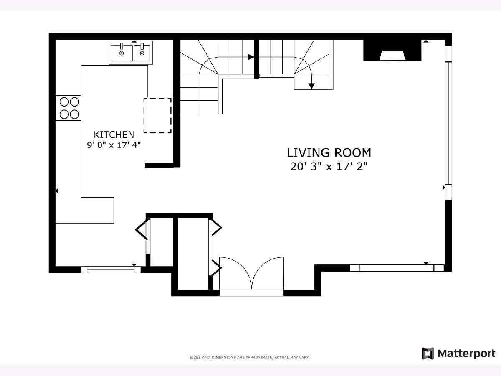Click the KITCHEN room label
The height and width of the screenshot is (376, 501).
pyautogui.click(x=114, y=135)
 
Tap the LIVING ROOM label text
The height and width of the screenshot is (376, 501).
pyautogui.click(x=329, y=153)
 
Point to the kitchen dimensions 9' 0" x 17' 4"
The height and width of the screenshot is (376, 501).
pyautogui.click(x=114, y=145)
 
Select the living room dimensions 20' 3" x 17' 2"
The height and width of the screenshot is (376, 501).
pyautogui.click(x=329, y=167)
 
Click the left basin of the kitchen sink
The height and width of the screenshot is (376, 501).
pyautogui.click(x=121, y=53)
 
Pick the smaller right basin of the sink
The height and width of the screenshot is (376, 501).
pyautogui.click(x=142, y=53)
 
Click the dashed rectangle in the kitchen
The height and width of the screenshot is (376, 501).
pyautogui.click(x=157, y=116)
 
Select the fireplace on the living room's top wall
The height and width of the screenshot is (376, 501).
pyautogui.click(x=392, y=50)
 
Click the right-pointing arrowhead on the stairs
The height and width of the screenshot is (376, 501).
pyautogui.click(x=251, y=57)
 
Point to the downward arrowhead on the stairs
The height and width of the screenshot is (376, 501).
pyautogui.click(x=311, y=86)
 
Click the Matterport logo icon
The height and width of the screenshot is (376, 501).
pyautogui.click(x=428, y=353)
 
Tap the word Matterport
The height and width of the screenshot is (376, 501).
pyautogui.click(x=466, y=353)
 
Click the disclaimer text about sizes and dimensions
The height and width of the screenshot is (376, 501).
pyautogui.click(x=250, y=357)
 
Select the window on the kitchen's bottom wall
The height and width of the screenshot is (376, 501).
pyautogui.click(x=111, y=269)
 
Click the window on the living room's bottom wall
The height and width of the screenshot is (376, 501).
pyautogui.click(x=397, y=268)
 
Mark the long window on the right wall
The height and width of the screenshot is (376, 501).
pyautogui.click(x=448, y=123)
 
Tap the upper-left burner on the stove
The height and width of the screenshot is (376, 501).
pyautogui.click(x=64, y=102)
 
